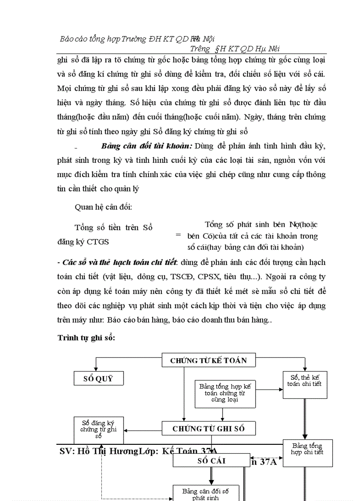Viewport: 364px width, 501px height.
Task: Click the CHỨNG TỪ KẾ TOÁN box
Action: tap(208, 360)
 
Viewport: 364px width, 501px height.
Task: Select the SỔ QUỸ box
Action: tap(98, 379)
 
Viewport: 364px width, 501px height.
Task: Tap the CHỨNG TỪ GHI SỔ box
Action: tap(208, 429)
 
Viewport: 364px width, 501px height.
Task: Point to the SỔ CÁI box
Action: tap(211, 460)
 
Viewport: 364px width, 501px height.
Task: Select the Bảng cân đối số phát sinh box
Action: tap(206, 493)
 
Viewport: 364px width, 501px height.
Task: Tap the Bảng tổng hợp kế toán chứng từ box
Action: tap(225, 393)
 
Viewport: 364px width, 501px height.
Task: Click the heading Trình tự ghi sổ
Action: tap(86, 338)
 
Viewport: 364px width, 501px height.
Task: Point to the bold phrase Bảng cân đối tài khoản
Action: tap(147, 146)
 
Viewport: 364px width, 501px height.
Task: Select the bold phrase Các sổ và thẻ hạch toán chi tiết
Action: tap(120, 262)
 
